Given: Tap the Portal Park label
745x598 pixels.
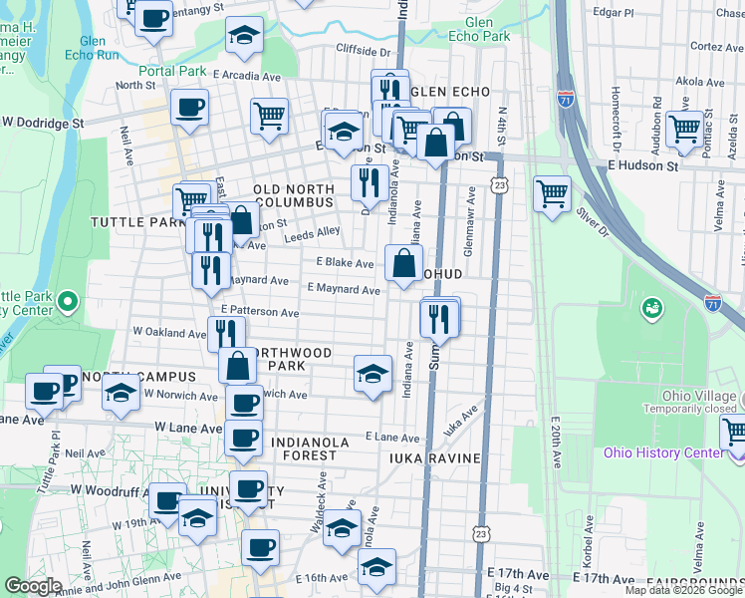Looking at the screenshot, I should (172, 71).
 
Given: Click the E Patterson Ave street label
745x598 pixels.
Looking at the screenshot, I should (261, 312).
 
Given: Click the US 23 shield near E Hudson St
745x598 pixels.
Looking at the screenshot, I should (500, 184).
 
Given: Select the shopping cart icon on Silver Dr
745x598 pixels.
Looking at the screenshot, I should (552, 193).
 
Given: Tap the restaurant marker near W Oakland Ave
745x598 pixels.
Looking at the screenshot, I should (226, 332).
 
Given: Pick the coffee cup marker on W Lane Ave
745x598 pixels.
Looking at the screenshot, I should (243, 437).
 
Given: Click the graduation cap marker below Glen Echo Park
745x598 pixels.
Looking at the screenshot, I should (244, 36).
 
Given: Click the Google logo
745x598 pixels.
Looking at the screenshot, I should (33, 586).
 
